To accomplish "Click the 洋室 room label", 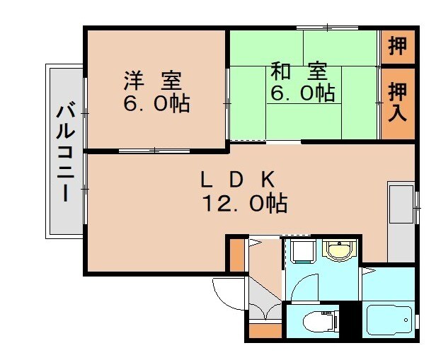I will (155, 77).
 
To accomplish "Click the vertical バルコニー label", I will (66, 151).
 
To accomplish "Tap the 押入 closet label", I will (398, 101).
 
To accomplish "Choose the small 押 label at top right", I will (398, 46).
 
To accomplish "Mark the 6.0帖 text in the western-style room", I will (156, 103).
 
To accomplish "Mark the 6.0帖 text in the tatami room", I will (301, 93).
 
